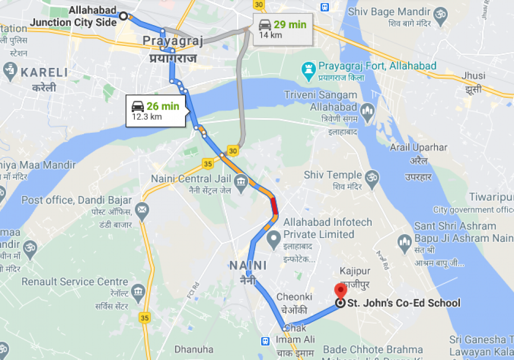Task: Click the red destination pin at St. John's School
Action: click(x=340, y=292)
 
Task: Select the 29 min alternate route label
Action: click(x=282, y=28)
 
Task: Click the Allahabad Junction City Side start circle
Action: click(x=123, y=16)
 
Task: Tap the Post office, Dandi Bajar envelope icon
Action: click(x=142, y=209)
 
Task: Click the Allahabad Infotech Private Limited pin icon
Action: click(x=274, y=238)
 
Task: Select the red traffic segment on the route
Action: click(x=274, y=207)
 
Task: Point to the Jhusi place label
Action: click(x=473, y=76)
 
